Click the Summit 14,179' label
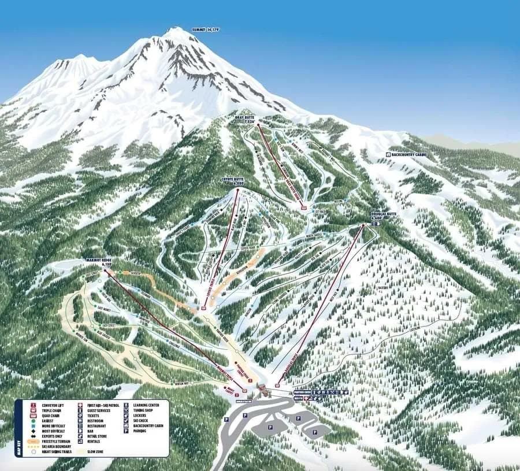[206, 29]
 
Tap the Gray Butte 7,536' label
[246, 120]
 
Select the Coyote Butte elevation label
[233, 181]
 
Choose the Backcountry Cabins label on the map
[408, 155]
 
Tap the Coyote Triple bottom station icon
[203, 308]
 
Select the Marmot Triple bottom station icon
[244, 391]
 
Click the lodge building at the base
[264, 390]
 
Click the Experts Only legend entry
[49, 436]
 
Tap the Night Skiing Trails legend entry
[52, 451]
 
